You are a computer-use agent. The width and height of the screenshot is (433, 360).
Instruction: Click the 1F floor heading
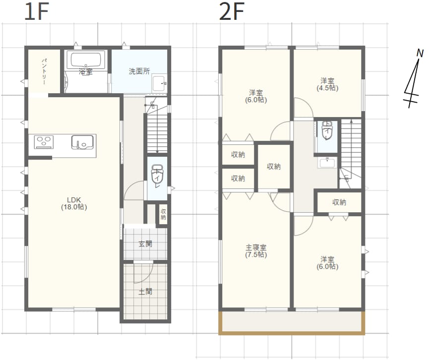point(37,11)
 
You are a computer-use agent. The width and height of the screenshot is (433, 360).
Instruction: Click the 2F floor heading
point(232,11)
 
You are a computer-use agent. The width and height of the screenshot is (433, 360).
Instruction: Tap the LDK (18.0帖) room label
point(74,203)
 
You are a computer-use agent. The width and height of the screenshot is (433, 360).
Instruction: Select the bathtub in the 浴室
point(86,60)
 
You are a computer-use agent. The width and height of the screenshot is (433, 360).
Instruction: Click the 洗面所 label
point(139,71)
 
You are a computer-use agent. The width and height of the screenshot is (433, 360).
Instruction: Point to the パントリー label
point(44,71)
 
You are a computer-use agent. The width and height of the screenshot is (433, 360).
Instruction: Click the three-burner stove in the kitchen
point(44,142)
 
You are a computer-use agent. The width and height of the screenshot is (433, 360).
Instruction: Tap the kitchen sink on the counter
point(82,142)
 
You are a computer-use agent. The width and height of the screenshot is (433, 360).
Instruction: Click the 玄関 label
point(145,244)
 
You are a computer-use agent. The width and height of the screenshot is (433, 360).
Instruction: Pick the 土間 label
point(145,291)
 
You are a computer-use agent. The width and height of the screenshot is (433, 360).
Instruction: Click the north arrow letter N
point(420,53)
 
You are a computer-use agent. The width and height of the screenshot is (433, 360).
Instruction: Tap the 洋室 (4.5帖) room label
point(327,84)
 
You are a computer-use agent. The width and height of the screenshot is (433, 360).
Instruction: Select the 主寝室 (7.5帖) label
point(256,251)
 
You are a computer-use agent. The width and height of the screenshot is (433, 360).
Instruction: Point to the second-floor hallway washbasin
point(327,163)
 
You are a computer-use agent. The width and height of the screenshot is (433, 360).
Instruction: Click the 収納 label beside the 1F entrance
point(163,214)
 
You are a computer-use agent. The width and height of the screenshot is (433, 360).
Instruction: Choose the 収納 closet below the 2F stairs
point(339,202)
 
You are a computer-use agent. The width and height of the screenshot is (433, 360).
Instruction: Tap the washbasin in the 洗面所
point(159,83)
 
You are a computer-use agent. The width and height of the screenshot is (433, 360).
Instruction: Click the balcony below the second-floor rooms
point(292,322)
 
